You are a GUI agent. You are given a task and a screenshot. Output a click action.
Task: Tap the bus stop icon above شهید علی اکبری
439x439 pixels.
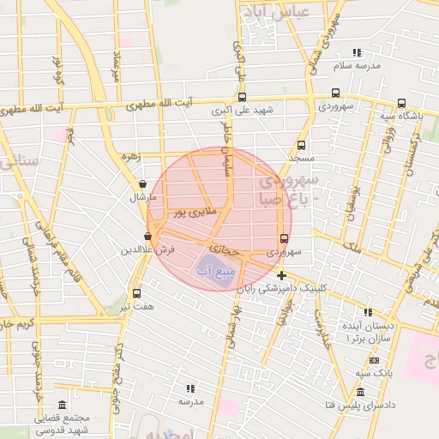point(243,97)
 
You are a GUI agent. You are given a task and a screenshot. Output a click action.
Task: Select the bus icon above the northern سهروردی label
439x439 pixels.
point(334,93)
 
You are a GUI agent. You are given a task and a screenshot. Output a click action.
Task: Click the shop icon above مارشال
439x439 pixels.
point(142,183)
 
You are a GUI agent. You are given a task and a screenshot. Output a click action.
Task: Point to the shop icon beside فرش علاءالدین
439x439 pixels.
point(147,236)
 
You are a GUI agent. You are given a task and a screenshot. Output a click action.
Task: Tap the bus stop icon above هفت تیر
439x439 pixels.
point(136,292)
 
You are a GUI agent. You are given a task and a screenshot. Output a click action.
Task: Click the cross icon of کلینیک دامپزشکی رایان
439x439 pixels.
point(282,275)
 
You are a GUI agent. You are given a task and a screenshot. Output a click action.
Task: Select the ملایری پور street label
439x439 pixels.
point(196,210)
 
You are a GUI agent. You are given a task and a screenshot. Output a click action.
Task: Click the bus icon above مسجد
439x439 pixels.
point(301,145)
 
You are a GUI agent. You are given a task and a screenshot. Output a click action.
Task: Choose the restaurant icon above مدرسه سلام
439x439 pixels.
point(356,52)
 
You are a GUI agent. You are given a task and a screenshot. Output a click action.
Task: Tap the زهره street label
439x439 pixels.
point(129,157)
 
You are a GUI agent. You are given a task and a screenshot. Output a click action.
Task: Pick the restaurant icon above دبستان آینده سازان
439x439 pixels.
point(369,313)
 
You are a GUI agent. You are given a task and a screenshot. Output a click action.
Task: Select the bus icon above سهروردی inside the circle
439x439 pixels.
point(284,238)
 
